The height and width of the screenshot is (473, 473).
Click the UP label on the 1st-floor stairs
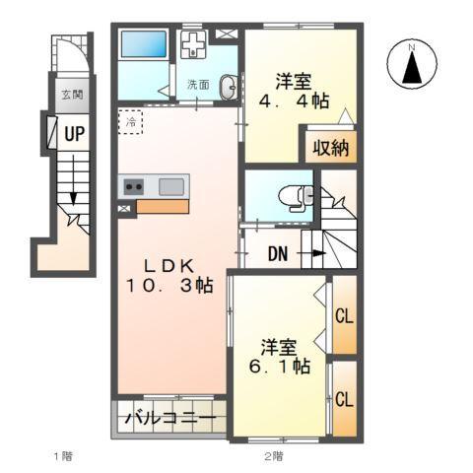tap(73, 132)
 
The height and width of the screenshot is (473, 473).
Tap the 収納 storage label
tap(329, 150)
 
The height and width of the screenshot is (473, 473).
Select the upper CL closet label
tap(344, 316)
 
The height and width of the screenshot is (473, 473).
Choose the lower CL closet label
tap(344, 399)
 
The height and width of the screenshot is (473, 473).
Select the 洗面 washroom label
tap(197, 86)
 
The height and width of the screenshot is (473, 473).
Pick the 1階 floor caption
tap(62, 455)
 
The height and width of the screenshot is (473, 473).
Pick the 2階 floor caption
tap(274, 455)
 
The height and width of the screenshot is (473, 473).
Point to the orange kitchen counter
tap(163, 207)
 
